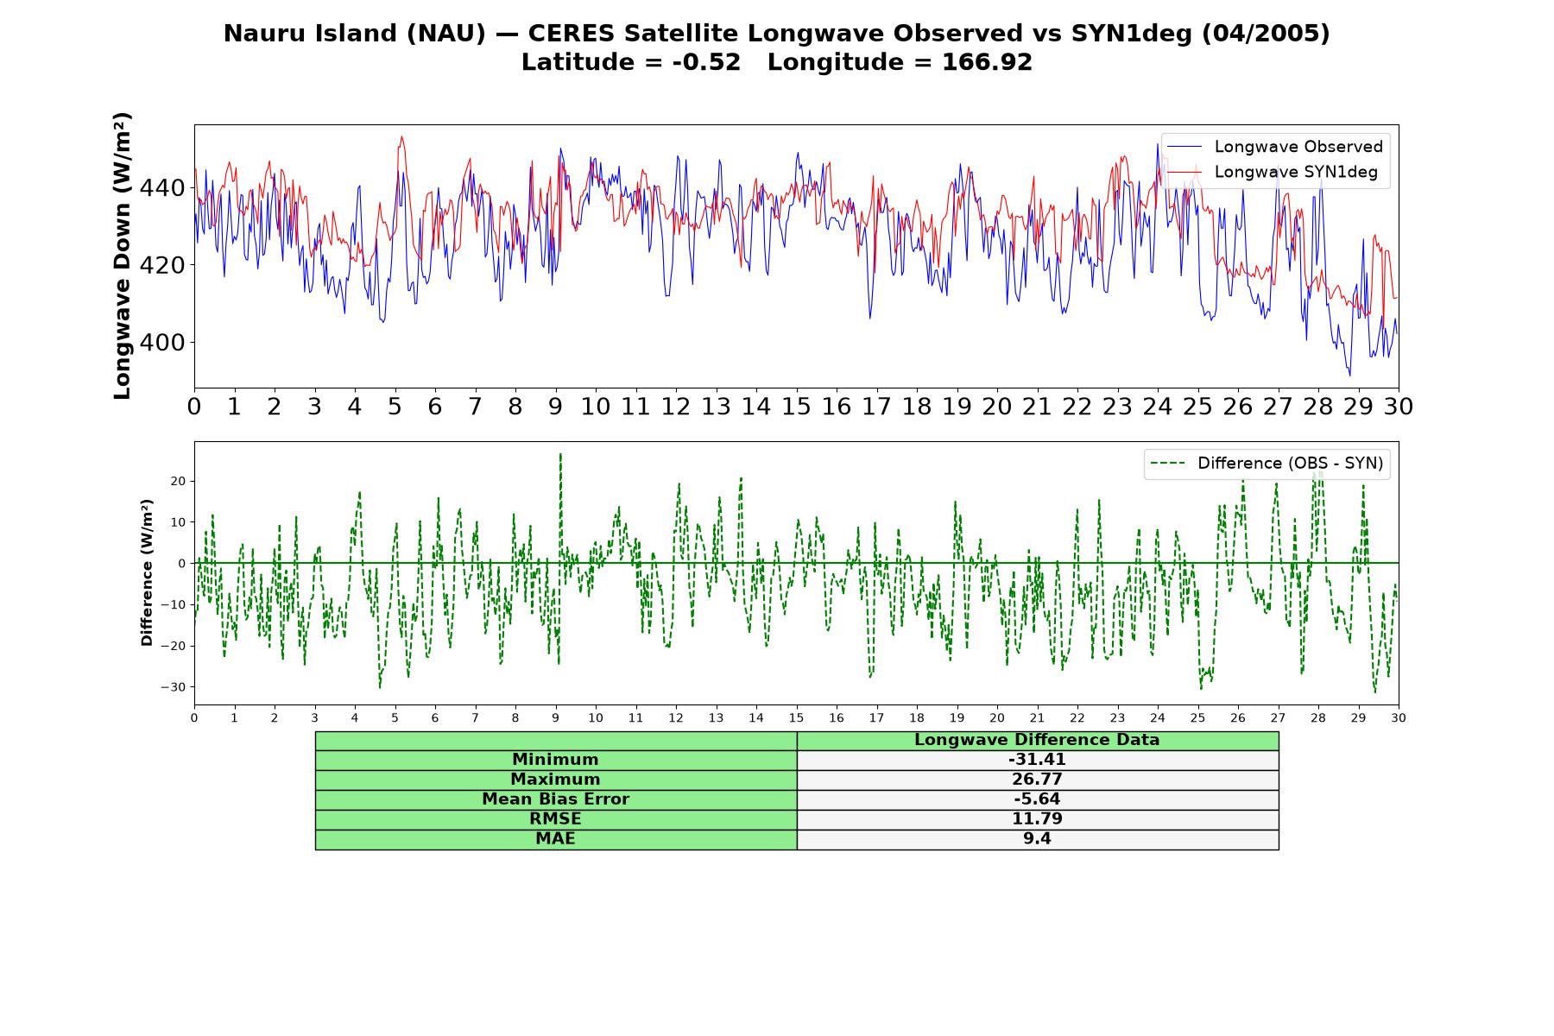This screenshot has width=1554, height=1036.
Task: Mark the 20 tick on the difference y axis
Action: click(178, 481)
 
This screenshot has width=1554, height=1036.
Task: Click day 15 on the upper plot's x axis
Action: click(796, 407)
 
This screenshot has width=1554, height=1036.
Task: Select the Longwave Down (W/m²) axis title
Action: click(122, 256)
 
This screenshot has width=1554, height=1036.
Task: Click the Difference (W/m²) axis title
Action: click(147, 572)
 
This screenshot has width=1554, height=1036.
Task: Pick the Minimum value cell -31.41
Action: click(1037, 760)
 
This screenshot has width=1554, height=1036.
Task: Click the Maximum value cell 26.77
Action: click(1037, 780)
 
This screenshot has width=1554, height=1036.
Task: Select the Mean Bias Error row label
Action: click(555, 799)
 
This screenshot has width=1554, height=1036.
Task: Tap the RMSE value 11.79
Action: click(1037, 819)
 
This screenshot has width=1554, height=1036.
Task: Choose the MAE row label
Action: click(555, 839)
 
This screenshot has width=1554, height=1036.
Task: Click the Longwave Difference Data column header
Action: click(1037, 740)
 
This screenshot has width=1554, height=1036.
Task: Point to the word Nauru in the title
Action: click(256, 34)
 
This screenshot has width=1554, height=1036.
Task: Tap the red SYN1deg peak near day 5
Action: click(401, 136)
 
